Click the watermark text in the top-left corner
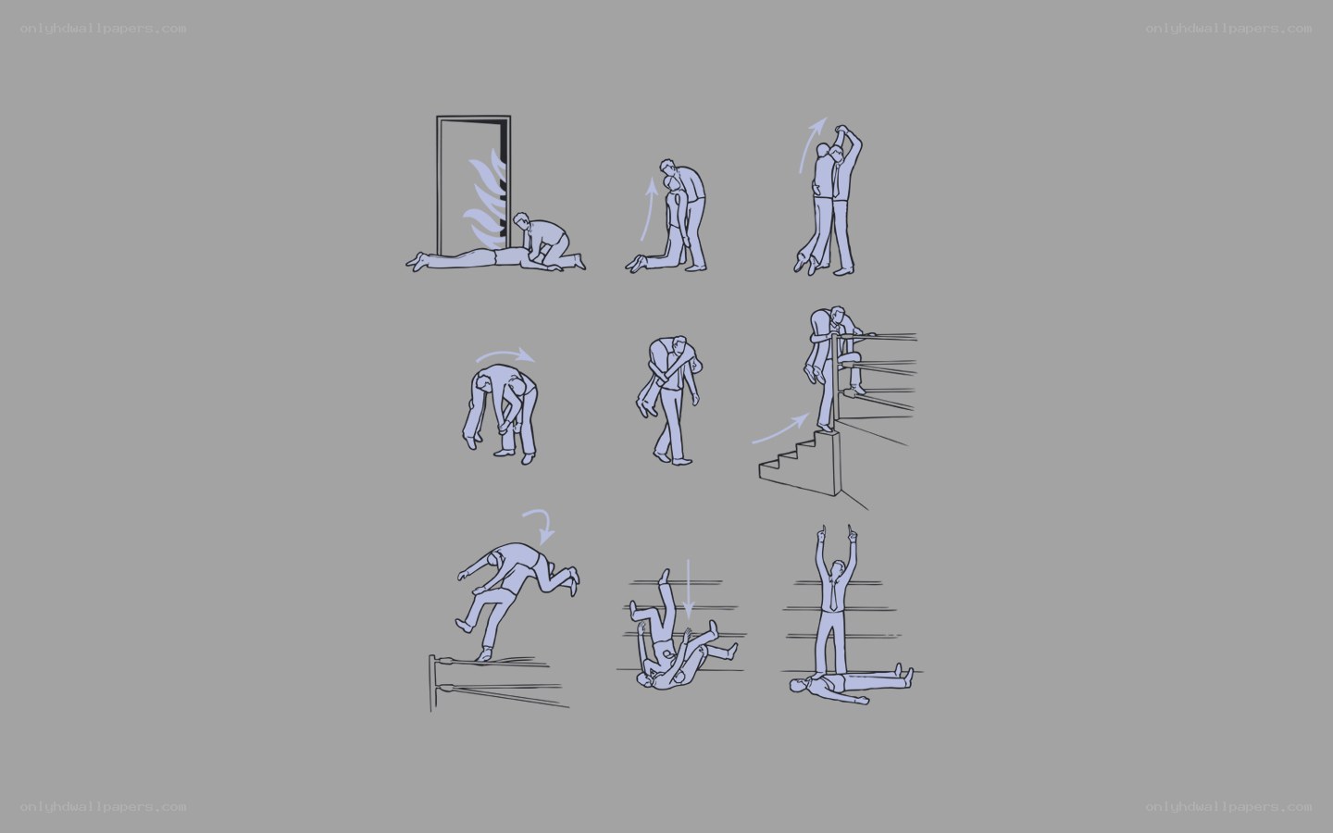(x=103, y=29)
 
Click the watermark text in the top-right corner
(x=1228, y=29)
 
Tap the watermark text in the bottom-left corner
(x=103, y=807)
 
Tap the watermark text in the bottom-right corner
(x=1228, y=807)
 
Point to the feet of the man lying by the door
(x=417, y=261)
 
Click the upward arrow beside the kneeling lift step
(x=648, y=208)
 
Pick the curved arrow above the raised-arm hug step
(x=809, y=143)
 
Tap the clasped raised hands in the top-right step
(x=841, y=131)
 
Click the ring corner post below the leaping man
(x=431, y=683)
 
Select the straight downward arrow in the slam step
(x=688, y=589)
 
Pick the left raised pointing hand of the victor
(x=821, y=534)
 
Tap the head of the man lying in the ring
(x=800, y=686)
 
